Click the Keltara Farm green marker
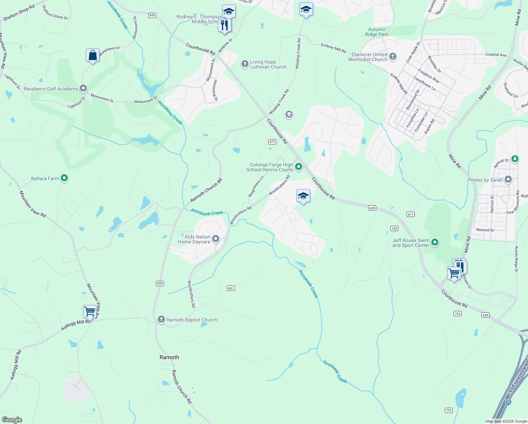coord(64,178)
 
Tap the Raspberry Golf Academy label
coord(50,89)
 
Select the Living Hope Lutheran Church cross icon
coord(245,64)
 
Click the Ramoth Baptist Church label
coord(192,320)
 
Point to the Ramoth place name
coord(169,357)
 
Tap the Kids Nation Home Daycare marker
coord(216,239)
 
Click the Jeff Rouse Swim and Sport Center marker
coord(435,242)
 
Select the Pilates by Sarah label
coord(485,180)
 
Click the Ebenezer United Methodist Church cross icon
coord(392,57)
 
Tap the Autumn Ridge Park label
coord(377,32)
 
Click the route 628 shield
coord(160,283)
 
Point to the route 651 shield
coord(231,288)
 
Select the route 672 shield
coord(272,142)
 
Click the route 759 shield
coord(394,229)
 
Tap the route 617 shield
coord(410,214)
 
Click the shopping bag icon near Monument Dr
coord(92,55)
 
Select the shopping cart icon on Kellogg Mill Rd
coord(90,311)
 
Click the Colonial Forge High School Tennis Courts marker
coord(299,166)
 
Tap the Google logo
coord(12,419)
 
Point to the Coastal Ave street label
coord(496,55)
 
